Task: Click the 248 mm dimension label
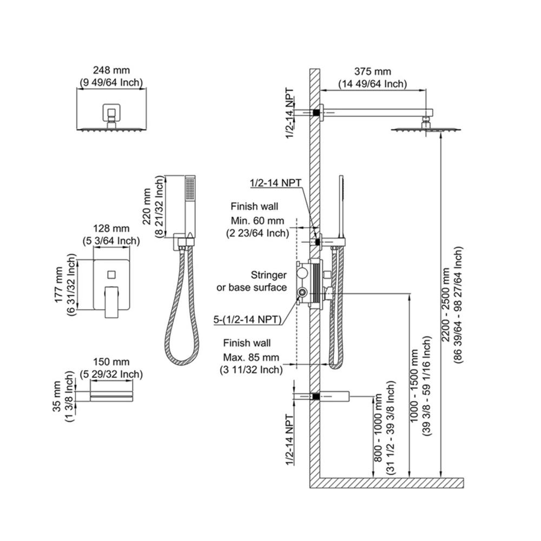[111, 70]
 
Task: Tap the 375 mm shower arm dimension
[373, 72]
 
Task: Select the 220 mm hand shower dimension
[147, 206]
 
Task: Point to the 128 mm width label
[111, 228]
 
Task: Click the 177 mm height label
[59, 285]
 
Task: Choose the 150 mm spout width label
[111, 362]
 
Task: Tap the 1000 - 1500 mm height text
[414, 386]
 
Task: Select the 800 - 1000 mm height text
[378, 428]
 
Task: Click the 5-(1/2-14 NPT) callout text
[247, 320]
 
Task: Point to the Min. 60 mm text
[258, 221]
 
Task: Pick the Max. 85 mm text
[251, 357]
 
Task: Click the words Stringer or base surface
[252, 281]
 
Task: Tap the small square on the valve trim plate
[111, 275]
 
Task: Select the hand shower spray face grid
[190, 189]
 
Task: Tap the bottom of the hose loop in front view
[182, 364]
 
